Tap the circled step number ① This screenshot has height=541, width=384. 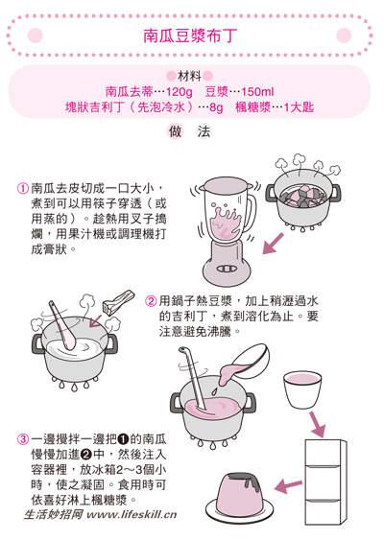(23, 190)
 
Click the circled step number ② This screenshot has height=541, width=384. (151, 300)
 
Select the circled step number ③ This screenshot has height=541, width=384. (23, 440)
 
